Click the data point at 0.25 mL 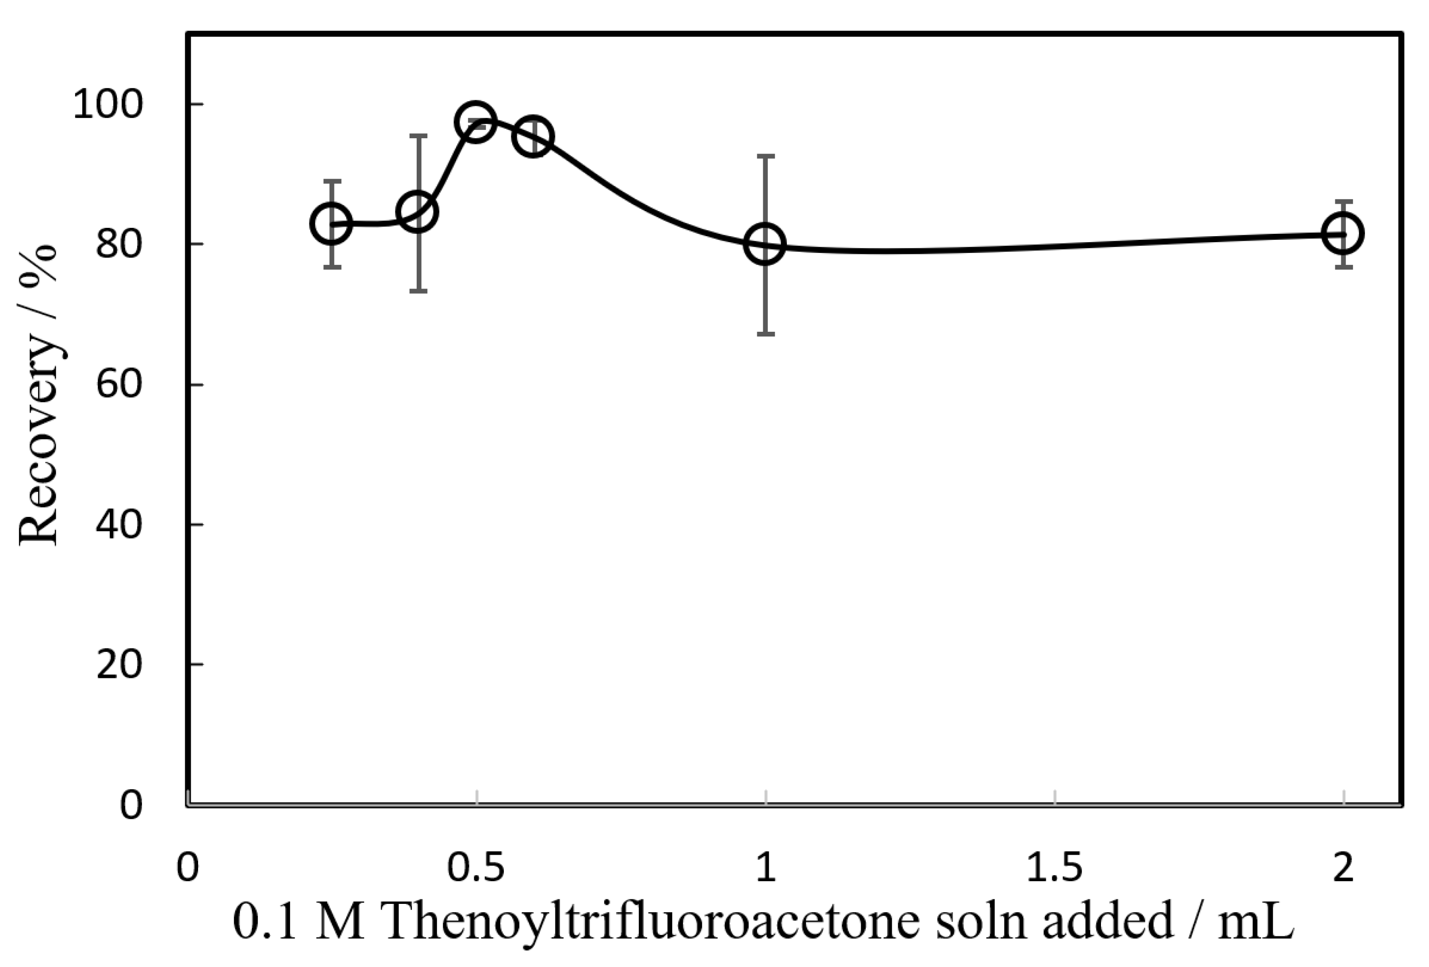click(331, 223)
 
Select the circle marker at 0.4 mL click(418, 212)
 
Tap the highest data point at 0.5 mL click(475, 121)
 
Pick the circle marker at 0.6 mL click(533, 136)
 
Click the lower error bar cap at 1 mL click(766, 334)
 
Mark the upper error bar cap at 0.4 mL click(419, 135)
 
